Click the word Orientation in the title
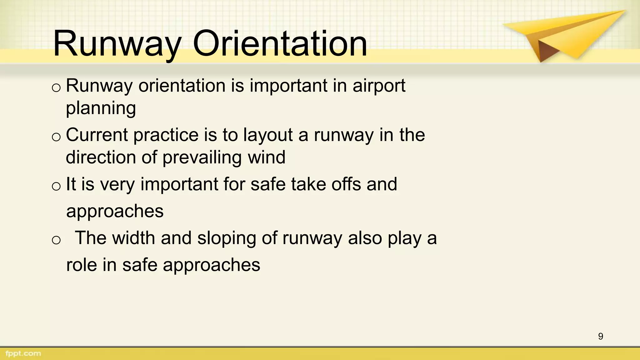click(280, 44)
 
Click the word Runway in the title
click(117, 44)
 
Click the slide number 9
click(600, 336)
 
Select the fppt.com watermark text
click(23, 353)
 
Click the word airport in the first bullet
click(379, 86)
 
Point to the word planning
click(101, 109)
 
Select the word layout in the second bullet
click(268, 135)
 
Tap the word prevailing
click(202, 157)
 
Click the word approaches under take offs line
click(115, 212)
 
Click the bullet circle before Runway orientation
click(56, 88)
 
